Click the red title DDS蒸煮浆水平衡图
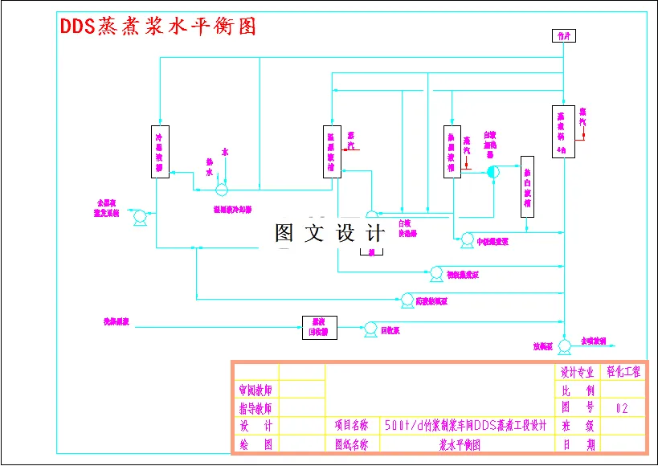click(x=159, y=26)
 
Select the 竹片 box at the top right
click(x=562, y=36)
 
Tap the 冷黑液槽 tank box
click(x=160, y=150)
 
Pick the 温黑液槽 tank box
click(x=333, y=150)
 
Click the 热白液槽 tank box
click(x=526, y=186)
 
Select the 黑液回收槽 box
click(x=319, y=327)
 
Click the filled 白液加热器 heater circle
click(x=493, y=172)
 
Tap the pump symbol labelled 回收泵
click(x=370, y=328)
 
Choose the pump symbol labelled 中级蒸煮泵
click(x=466, y=239)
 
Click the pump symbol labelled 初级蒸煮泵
click(x=436, y=272)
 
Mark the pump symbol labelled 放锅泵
click(x=564, y=345)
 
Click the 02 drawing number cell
click(x=622, y=408)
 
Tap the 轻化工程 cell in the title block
click(x=623, y=372)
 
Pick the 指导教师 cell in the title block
click(x=255, y=408)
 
